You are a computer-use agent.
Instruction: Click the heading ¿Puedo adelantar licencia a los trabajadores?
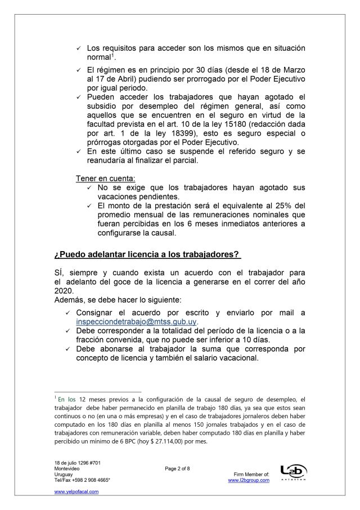pos(146,254)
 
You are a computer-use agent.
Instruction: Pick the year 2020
pos(65,290)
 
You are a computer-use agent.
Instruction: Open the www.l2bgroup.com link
pos(249,480)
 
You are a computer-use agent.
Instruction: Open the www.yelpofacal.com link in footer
pos(76,491)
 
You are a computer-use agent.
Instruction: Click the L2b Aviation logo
pos(290,472)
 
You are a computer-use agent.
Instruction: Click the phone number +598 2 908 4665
pos(89,480)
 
